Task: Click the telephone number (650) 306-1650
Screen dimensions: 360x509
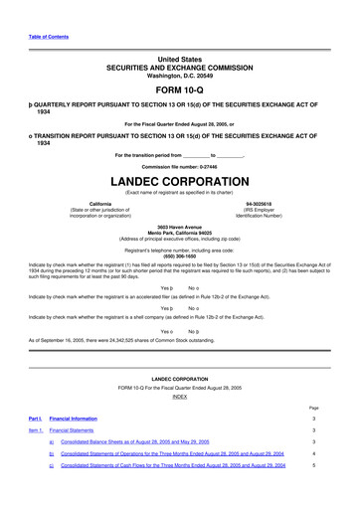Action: click(x=180, y=255)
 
